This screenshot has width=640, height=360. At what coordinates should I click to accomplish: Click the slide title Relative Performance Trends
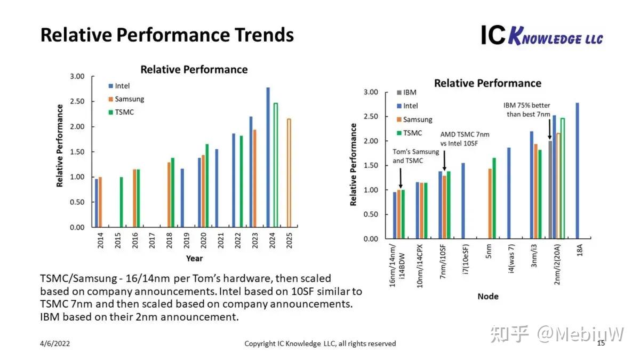167,35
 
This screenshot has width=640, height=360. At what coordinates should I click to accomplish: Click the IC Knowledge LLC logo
541,36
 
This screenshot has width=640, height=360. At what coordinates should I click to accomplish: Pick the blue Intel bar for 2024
268,157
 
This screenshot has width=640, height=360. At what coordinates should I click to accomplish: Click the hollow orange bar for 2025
289,173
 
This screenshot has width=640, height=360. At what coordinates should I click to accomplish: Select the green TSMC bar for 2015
121,202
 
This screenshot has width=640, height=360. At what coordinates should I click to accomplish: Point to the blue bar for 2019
182,198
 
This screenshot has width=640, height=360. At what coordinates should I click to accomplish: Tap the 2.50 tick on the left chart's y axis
77,101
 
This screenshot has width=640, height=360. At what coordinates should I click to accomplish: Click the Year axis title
194,258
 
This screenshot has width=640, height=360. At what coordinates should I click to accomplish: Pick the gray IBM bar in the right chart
550,190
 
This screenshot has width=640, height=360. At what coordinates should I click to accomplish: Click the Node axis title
487,296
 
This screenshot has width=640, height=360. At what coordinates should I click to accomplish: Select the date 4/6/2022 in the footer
55,343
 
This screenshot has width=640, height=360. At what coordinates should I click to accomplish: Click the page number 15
601,343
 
